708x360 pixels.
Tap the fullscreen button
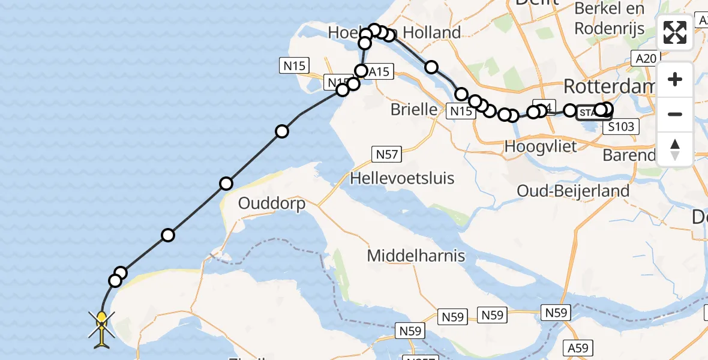click(x=675, y=32)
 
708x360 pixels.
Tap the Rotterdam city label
click(x=608, y=86)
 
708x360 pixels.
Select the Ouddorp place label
click(x=272, y=203)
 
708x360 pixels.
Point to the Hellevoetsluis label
click(x=402, y=178)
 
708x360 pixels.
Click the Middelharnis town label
click(x=416, y=256)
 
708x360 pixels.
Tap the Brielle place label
click(x=414, y=109)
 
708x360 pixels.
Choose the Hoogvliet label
click(x=541, y=146)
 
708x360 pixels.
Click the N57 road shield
click(x=387, y=155)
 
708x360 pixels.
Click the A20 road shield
click(x=646, y=58)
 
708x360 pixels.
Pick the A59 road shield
click(x=580, y=348)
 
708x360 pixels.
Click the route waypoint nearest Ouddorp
click(x=226, y=184)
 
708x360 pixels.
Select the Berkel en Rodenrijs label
click(x=609, y=19)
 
